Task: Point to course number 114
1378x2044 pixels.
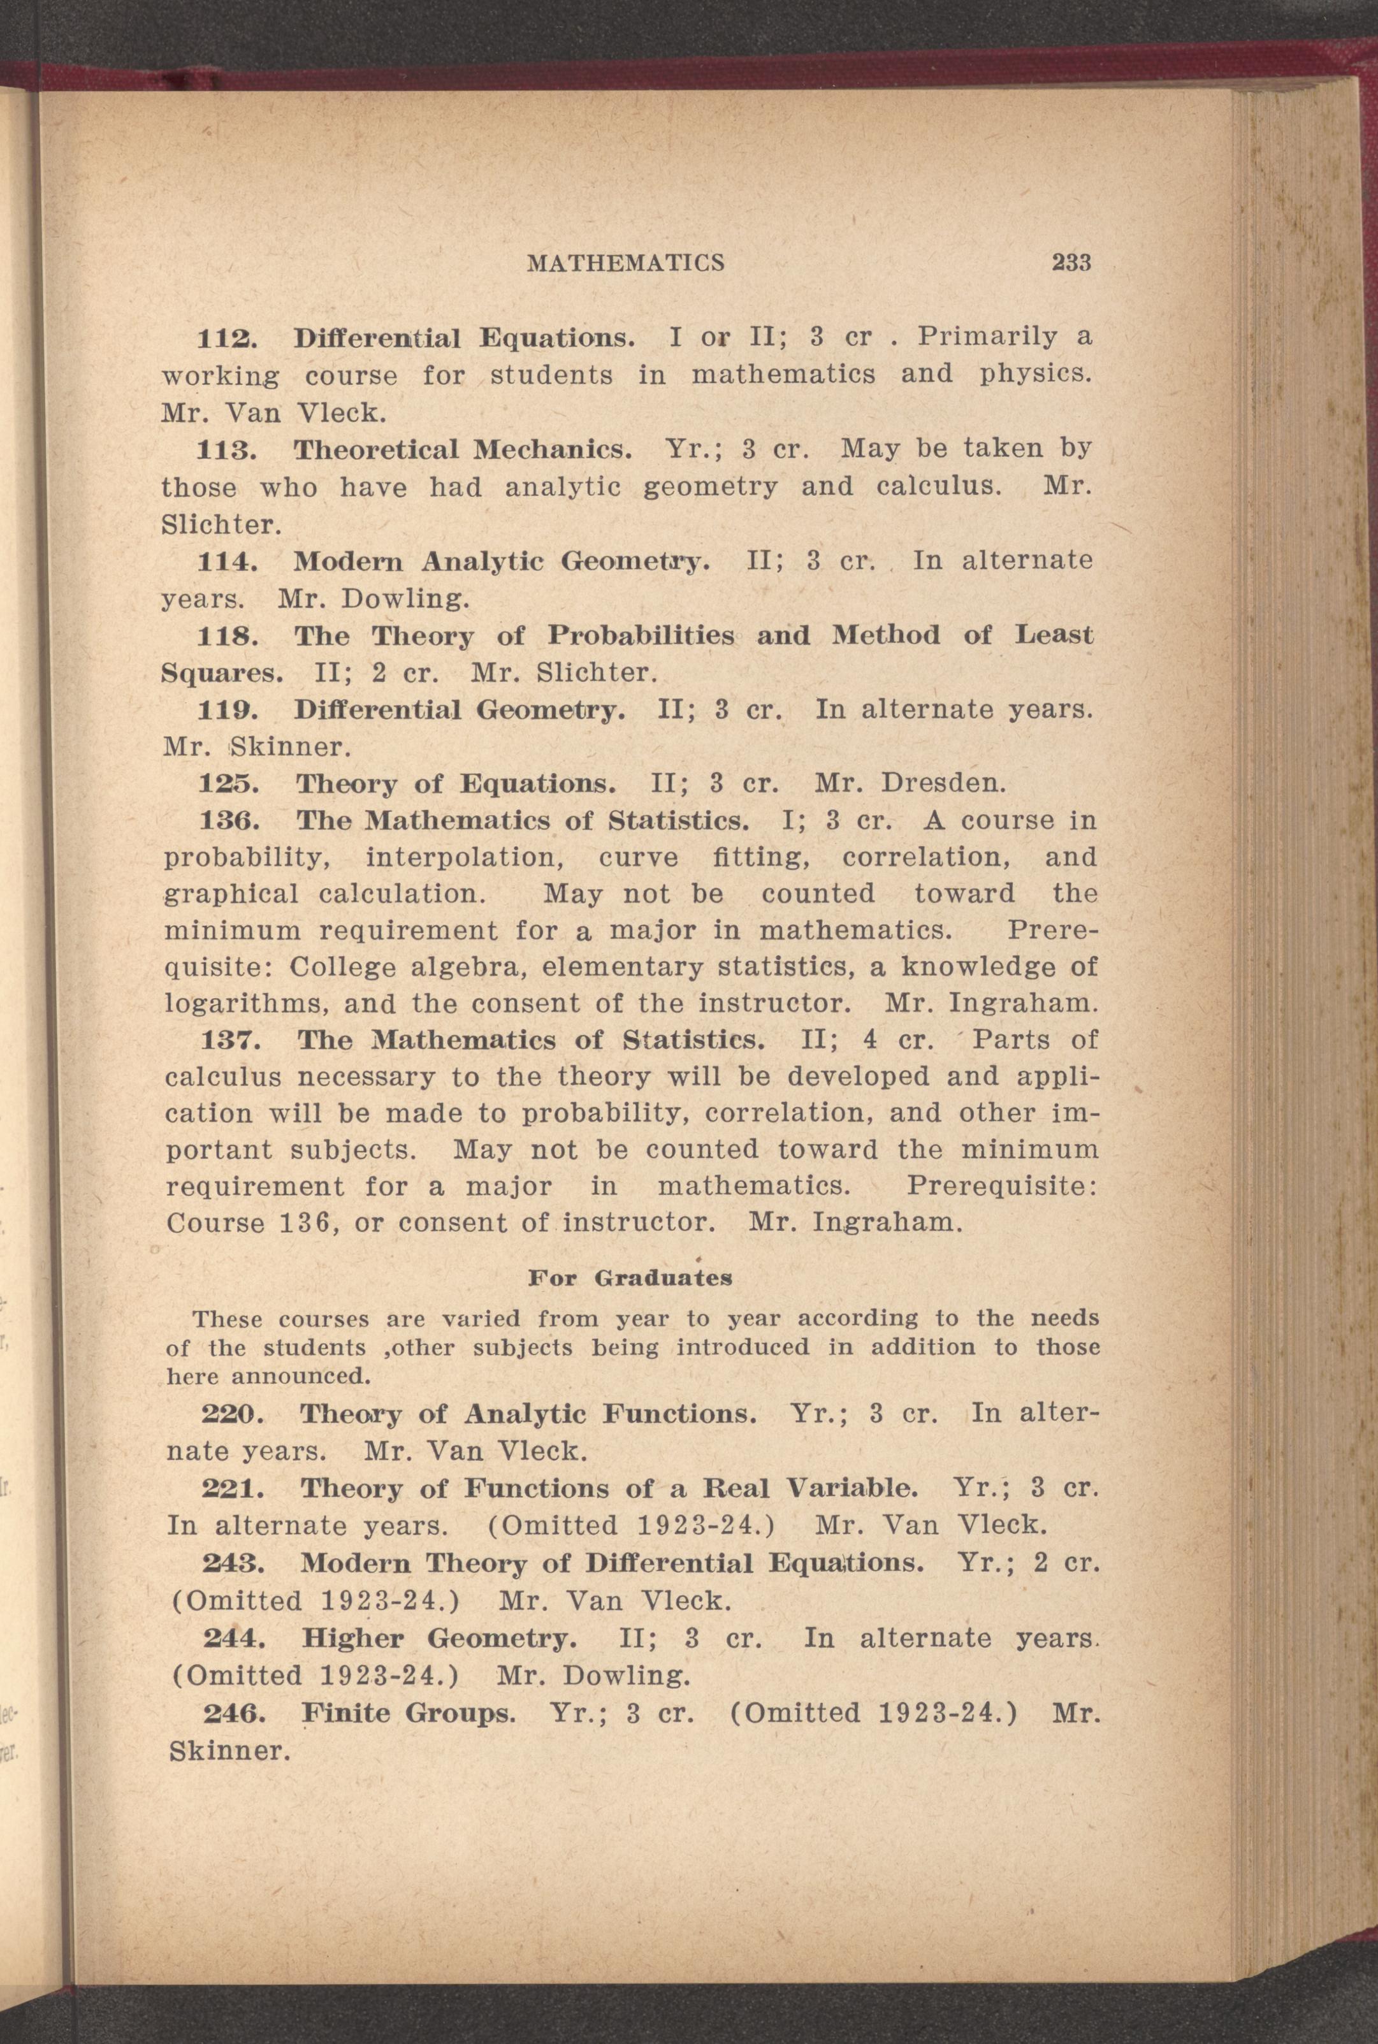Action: (227, 561)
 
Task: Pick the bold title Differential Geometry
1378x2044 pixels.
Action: (459, 709)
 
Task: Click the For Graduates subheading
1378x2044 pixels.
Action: (630, 1279)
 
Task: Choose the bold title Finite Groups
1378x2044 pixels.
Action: (409, 1714)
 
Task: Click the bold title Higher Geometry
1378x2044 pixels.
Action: (439, 1639)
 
